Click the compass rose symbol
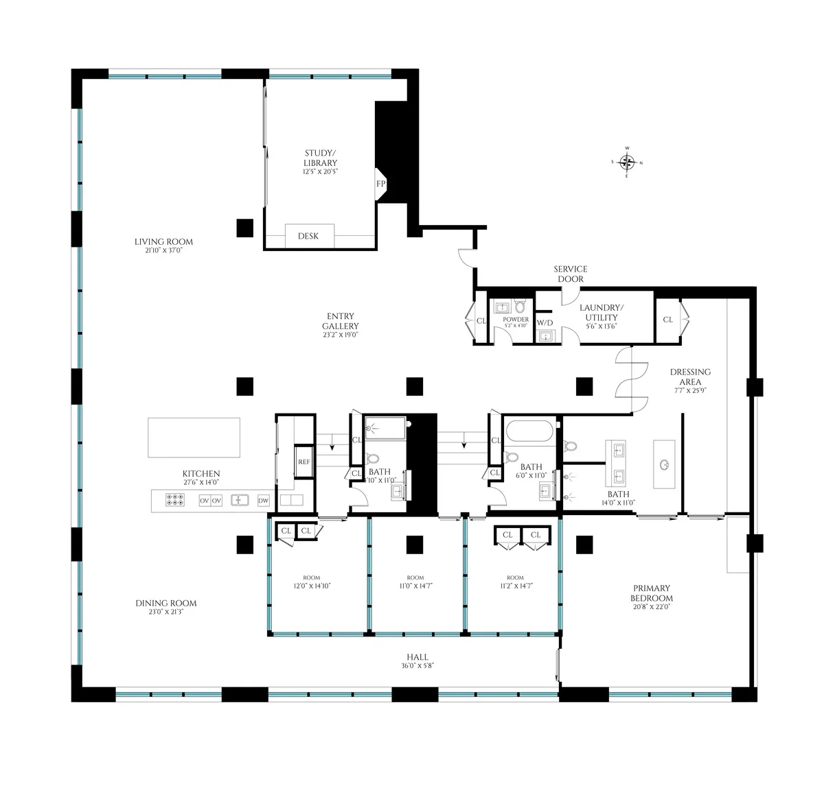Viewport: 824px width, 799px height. click(626, 163)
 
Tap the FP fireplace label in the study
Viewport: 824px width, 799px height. click(380, 184)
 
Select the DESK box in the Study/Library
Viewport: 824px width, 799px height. click(309, 236)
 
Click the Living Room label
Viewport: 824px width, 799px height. click(163, 241)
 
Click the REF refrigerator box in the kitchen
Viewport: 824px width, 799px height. click(304, 462)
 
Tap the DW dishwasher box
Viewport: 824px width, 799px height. click(264, 501)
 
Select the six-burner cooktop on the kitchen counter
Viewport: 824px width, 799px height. click(174, 501)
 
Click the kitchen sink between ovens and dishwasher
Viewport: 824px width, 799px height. click(239, 501)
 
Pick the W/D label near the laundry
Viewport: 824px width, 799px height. click(545, 322)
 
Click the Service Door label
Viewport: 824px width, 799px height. click(571, 274)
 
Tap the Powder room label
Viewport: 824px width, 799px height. click(516, 320)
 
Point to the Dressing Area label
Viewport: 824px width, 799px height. click(690, 377)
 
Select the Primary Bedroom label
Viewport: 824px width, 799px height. click(652, 593)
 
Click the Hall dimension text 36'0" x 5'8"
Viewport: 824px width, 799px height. click(417, 665)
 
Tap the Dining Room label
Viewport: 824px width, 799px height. click(166, 604)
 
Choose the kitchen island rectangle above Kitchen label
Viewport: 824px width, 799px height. click(194, 438)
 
